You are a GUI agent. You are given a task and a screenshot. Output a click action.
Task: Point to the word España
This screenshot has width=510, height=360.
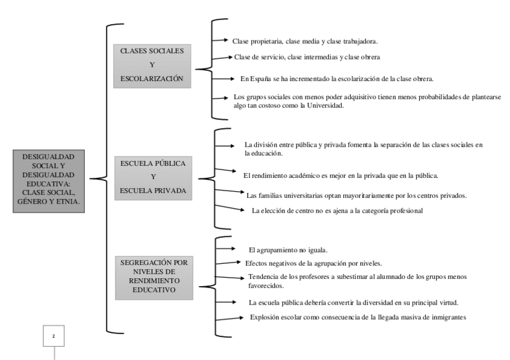[265, 79]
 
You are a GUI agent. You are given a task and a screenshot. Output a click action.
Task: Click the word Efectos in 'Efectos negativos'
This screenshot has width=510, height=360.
[256, 263]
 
